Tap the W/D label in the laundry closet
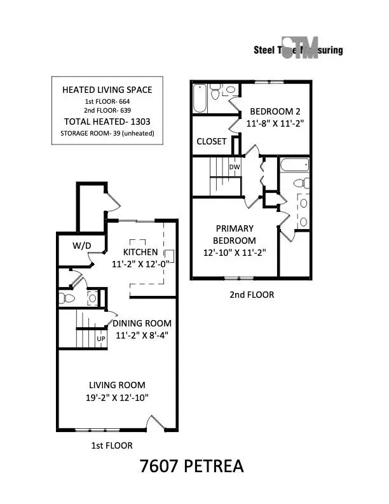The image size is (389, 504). coord(81,245)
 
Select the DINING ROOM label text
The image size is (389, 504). coord(142,323)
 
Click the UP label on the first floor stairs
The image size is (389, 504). coord(100,339)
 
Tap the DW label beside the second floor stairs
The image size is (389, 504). coord(234,167)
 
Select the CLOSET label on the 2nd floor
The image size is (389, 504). coord(211,141)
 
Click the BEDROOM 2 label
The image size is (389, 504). coord(271,109)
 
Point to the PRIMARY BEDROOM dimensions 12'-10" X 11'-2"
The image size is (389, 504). coord(235,252)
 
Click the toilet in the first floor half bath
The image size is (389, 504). coord(65,297)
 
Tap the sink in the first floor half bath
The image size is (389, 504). coord(92,297)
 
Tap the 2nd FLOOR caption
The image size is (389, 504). coord(252,295)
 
